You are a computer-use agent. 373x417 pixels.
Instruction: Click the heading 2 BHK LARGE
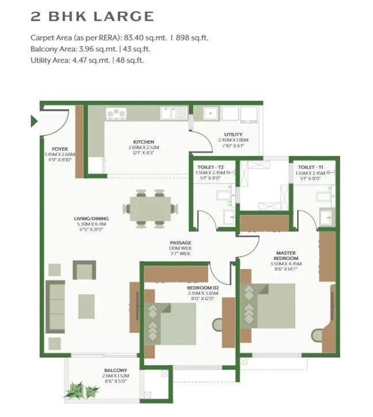click(92, 16)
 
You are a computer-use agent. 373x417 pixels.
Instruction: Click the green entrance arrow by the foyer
click(34, 121)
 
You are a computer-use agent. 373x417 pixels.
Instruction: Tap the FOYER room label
click(60, 149)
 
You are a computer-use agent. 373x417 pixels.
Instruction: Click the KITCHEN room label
click(144, 141)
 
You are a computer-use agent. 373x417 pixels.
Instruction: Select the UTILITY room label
click(233, 135)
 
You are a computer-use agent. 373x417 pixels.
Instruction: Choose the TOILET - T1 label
click(310, 167)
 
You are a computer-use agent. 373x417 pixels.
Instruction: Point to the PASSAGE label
click(180, 243)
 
